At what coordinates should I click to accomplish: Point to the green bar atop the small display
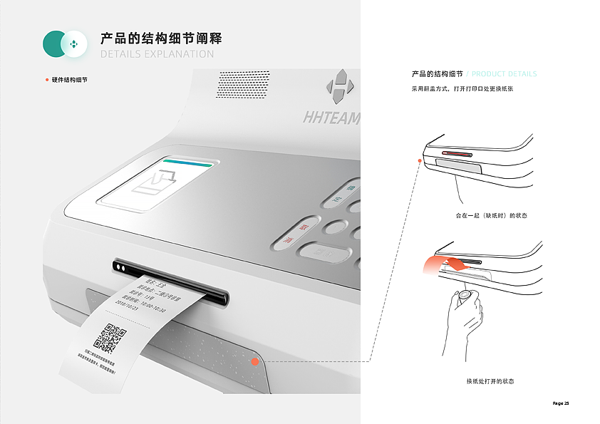coord(187,162)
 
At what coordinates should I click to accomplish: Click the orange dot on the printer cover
coord(254,362)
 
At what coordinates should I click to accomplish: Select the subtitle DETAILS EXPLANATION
coord(157,54)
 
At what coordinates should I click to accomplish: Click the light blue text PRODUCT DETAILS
coord(505,74)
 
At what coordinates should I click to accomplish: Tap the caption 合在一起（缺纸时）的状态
coord(491,215)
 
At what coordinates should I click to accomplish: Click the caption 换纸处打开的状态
coord(490,381)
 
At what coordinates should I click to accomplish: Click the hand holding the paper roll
coord(463,314)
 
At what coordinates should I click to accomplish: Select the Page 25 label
coord(561,403)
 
